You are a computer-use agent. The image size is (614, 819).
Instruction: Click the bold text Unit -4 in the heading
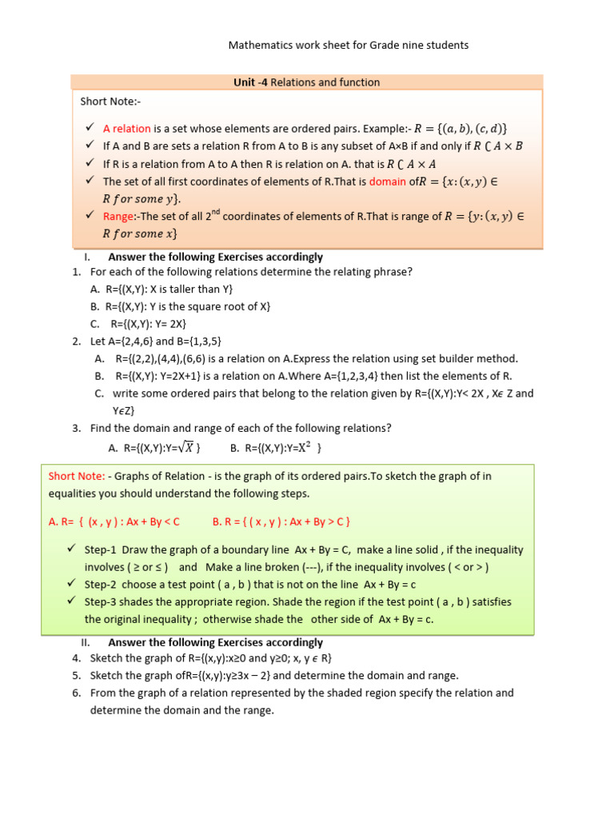[x=250, y=82]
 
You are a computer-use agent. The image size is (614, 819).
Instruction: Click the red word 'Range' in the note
[x=115, y=217]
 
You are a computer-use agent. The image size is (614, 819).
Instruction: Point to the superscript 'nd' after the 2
[x=213, y=213]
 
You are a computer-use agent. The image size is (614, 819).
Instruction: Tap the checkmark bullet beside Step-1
[x=72, y=550]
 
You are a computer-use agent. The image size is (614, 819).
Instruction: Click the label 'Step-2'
[x=100, y=585]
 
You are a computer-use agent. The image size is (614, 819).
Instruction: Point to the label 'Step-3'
[x=100, y=602]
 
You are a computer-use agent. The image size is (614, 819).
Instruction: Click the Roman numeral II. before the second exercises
[x=87, y=642]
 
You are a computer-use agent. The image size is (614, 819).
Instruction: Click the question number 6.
[x=76, y=693]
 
